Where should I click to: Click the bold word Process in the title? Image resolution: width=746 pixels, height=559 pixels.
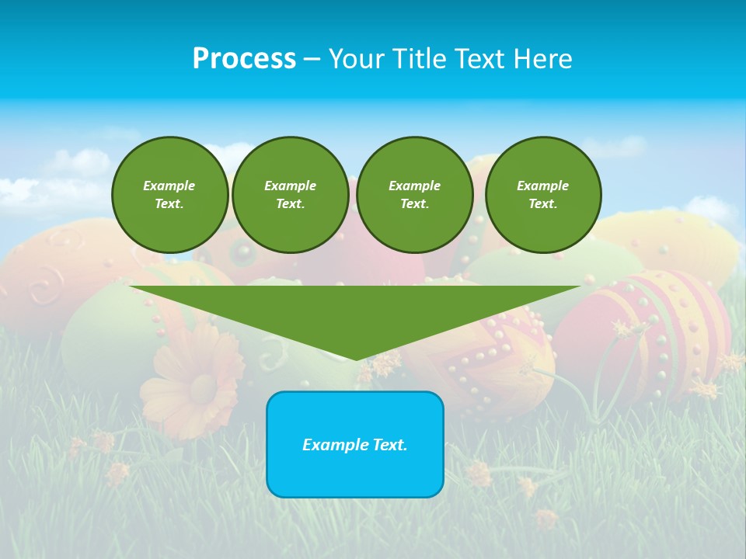244,59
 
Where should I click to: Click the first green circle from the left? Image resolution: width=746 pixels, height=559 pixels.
169,195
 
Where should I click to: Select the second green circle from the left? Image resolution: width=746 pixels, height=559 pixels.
290,195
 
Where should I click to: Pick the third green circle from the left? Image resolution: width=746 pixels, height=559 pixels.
414,195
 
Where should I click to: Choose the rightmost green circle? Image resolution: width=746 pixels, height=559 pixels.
542,195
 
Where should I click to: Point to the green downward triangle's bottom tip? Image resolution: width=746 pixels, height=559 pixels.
356,359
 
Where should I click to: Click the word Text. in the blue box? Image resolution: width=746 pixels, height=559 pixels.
391,445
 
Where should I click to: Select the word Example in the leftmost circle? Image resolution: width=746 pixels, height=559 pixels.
169,186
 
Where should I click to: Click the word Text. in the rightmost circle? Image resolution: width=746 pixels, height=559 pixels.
542,204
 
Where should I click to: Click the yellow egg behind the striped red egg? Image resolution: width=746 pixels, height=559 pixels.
676,241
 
